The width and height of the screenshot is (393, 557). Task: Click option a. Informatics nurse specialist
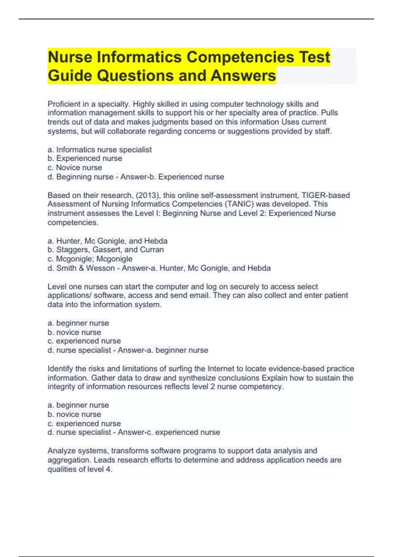tap(100, 150)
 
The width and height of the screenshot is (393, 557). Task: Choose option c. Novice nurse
tap(75, 168)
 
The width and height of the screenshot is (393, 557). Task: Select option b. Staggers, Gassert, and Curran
tap(105, 250)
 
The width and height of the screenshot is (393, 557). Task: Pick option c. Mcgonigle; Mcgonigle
tap(90, 259)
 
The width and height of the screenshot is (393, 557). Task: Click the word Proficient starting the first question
tap(64, 104)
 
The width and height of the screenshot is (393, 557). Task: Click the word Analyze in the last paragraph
tap(61, 451)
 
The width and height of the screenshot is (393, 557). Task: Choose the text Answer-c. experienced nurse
tap(169, 432)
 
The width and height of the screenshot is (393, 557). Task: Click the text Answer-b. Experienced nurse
tap(172, 177)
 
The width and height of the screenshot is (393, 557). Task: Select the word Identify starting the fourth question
tap(60, 369)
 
